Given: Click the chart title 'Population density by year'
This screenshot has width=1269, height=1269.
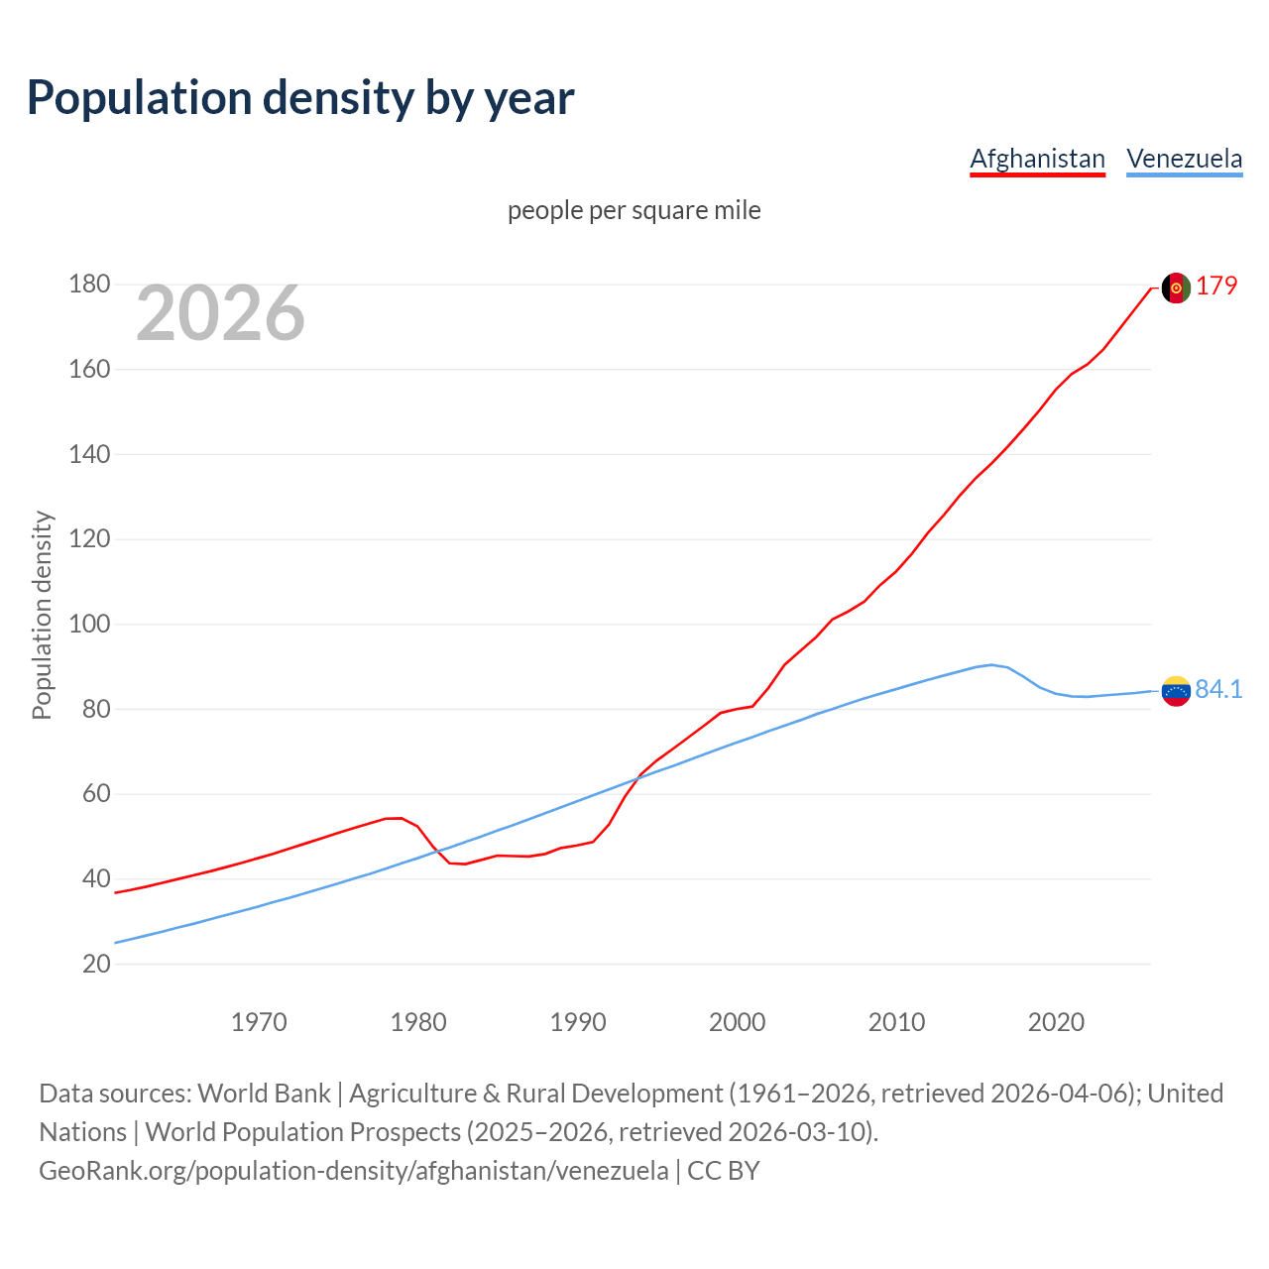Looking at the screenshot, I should click(300, 98).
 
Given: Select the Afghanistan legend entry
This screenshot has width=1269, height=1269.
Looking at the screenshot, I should click(1037, 159).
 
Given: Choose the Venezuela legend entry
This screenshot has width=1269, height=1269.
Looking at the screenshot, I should click(1184, 159).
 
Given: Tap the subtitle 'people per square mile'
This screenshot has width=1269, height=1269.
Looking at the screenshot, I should click(634, 210).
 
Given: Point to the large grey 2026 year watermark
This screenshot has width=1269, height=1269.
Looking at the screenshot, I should click(220, 313).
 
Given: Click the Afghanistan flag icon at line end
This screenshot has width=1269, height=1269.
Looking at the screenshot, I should click(1175, 288).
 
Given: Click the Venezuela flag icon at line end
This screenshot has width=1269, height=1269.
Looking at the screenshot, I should click(1175, 691).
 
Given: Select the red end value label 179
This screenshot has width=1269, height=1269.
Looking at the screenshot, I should click(1216, 286).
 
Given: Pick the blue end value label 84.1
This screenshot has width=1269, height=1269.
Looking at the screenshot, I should click(1218, 689).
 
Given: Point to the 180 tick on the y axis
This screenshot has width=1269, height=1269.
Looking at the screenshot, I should click(89, 285).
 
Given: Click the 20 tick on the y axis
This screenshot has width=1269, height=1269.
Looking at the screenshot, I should click(96, 964).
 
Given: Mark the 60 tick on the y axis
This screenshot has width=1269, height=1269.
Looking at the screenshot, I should click(96, 794).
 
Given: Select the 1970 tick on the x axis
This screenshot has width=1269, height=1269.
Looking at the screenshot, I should click(259, 1022).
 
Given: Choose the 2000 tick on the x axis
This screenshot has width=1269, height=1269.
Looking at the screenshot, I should click(737, 1022).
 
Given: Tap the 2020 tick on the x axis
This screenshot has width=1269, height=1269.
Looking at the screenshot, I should click(1056, 1022).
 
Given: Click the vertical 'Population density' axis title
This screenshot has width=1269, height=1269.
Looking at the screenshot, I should click(42, 615).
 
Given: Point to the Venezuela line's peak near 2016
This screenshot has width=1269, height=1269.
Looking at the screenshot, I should click(991, 665).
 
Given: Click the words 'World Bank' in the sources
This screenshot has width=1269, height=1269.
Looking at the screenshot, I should click(264, 1094).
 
